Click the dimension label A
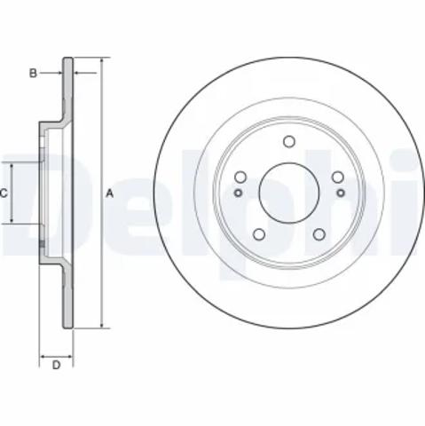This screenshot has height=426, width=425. (x=110, y=193)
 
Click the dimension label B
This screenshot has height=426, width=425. (x=33, y=73)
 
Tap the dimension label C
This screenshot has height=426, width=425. (x=4, y=193)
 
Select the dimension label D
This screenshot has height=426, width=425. (x=56, y=365)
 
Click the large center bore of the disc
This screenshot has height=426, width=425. (x=289, y=193)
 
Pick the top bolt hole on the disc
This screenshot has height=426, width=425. (x=289, y=141)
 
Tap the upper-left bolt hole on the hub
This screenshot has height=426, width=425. (x=240, y=177)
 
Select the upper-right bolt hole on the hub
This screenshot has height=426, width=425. (x=338, y=177)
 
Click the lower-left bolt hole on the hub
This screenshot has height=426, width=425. (x=259, y=234)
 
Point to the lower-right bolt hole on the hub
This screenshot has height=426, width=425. (x=319, y=234)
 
